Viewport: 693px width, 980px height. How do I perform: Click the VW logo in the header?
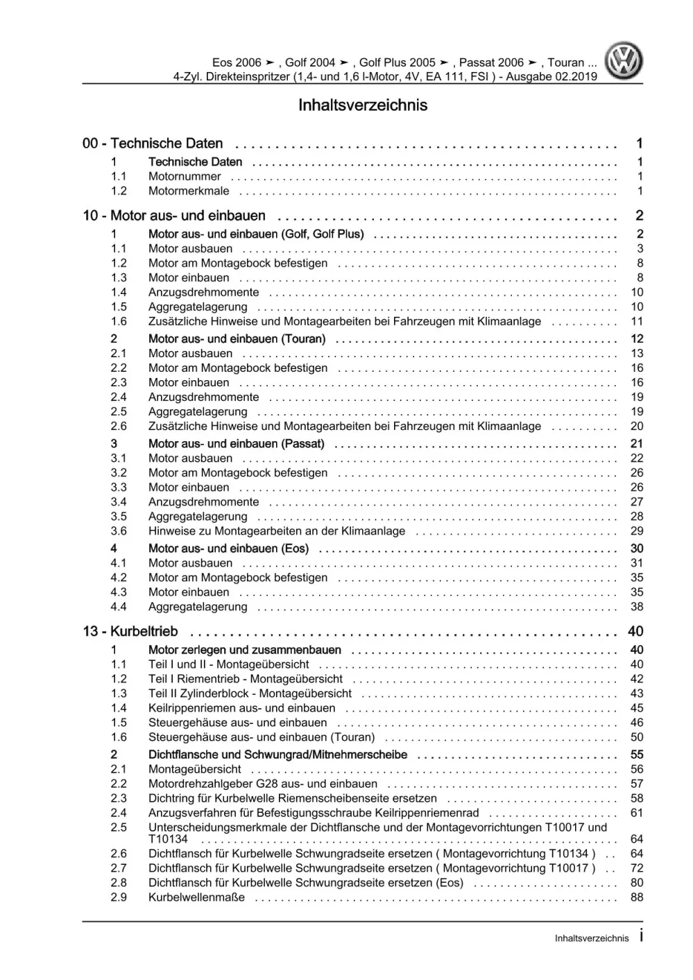624,61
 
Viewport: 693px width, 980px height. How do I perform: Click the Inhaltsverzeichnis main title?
363,105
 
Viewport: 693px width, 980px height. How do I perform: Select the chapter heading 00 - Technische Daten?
153,144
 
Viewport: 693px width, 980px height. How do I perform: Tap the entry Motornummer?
185,177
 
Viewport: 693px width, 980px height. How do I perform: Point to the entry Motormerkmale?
189,191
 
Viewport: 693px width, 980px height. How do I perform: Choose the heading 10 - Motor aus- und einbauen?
174,216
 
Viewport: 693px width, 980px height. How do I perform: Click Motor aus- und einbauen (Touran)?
237,339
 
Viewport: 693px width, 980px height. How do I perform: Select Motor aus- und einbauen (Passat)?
236,444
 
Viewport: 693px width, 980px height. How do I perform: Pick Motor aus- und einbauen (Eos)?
228,549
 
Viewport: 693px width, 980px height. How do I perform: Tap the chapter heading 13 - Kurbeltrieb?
130,632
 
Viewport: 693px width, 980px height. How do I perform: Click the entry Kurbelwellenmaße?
196,897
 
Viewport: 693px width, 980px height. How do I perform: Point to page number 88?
637,897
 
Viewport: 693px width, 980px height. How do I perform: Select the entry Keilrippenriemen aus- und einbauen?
241,708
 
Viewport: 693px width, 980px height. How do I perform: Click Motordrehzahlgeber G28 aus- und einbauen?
263,784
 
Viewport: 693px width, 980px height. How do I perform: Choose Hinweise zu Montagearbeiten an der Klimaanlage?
277,531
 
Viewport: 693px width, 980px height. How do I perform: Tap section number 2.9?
119,897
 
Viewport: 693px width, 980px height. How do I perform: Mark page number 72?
637,868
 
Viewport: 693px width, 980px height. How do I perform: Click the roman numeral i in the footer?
640,936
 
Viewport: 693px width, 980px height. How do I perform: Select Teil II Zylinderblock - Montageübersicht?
250,694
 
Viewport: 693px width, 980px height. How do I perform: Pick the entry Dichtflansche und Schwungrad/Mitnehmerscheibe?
277,755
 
